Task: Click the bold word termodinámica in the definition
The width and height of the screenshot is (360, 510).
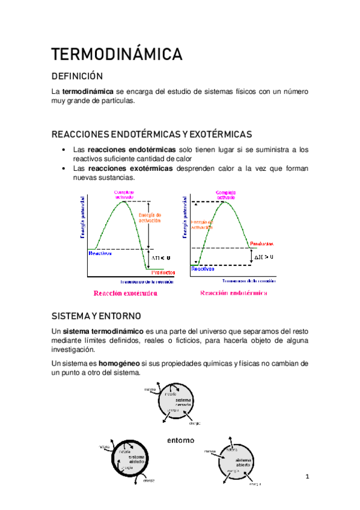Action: (88, 91)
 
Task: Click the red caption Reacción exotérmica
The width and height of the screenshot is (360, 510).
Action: (125, 293)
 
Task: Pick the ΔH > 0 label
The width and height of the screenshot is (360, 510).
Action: (263, 257)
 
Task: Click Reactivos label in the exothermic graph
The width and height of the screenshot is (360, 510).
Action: (100, 253)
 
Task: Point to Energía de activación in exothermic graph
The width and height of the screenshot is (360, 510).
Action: (150, 218)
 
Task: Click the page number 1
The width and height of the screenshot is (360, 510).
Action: (307, 478)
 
